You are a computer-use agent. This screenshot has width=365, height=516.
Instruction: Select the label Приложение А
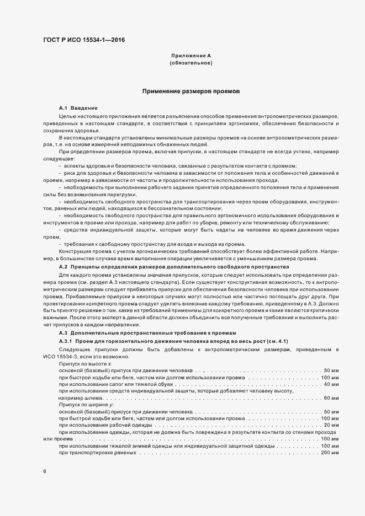[x=191, y=56]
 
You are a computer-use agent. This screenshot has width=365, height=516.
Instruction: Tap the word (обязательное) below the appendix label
[x=191, y=63]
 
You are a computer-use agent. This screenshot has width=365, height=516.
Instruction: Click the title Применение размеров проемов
[x=191, y=91]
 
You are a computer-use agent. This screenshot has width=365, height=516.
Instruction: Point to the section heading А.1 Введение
[x=78, y=108]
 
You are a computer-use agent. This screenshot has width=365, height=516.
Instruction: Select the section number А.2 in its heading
[x=63, y=266]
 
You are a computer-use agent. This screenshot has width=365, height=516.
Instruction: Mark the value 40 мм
[x=331, y=384]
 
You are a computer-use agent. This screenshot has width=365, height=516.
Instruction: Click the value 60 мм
[x=331, y=398]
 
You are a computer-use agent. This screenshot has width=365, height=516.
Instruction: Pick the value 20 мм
[x=331, y=425]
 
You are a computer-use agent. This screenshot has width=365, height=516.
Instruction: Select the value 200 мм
[x=329, y=453]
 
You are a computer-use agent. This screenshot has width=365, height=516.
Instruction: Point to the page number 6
[x=45, y=471]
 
